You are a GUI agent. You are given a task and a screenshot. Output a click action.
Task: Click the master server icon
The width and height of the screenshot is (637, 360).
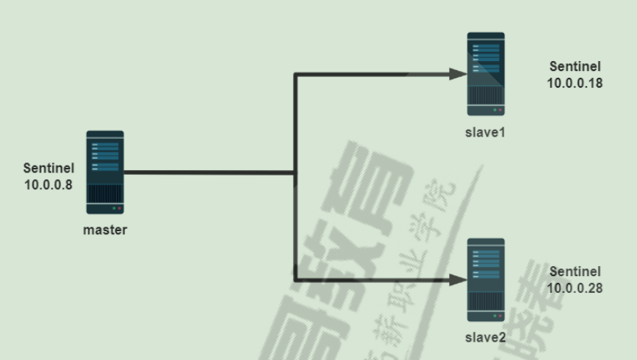pyautogui.click(x=105, y=172)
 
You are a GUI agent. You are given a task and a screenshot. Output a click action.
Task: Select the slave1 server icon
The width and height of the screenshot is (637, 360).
pyautogui.click(x=486, y=73)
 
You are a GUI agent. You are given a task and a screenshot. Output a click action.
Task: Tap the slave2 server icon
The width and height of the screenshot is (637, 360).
pyautogui.click(x=486, y=279)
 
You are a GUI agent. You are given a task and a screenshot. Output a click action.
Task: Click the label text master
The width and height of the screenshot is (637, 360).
pyautogui.click(x=105, y=230)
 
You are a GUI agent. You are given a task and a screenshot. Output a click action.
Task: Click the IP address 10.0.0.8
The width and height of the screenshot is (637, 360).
pyautogui.click(x=48, y=184)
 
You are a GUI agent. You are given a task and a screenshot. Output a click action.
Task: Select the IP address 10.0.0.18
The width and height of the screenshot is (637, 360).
pyautogui.click(x=575, y=82)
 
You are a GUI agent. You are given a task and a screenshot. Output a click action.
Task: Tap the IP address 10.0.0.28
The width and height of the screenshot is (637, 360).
pyautogui.click(x=575, y=288)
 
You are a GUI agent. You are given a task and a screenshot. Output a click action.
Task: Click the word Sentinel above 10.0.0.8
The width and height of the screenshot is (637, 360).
pyautogui.click(x=48, y=169)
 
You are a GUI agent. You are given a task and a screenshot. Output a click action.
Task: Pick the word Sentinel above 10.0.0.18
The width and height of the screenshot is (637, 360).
pyautogui.click(x=575, y=67)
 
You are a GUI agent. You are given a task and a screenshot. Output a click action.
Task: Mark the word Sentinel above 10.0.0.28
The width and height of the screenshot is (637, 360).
pyautogui.click(x=575, y=272)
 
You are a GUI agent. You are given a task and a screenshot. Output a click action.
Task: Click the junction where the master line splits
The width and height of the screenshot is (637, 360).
pyautogui.click(x=295, y=173)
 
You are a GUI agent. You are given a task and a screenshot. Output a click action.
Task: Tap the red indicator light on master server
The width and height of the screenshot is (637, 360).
pyautogui.click(x=119, y=208)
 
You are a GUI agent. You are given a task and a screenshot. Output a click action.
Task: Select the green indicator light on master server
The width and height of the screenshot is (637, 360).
pyautogui.click(x=113, y=208)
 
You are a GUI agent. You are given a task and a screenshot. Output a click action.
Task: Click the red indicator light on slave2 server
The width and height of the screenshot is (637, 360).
pyautogui.click(x=500, y=316)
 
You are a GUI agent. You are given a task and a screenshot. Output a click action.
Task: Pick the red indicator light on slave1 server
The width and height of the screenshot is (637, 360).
pyautogui.click(x=500, y=111)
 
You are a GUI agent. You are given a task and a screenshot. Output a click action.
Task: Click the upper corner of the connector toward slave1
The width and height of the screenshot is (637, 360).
pyautogui.click(x=295, y=74)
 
